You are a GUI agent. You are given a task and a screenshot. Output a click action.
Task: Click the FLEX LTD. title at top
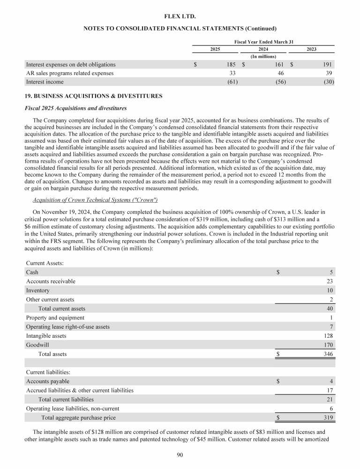(x=180, y=16)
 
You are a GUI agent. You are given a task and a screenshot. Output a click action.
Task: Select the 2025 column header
(x=215, y=49)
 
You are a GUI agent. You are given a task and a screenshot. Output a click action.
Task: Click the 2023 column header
(x=311, y=49)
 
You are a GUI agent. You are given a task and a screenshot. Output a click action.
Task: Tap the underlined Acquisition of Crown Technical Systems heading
(x=95, y=200)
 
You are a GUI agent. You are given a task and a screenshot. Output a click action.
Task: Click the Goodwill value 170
(x=328, y=345)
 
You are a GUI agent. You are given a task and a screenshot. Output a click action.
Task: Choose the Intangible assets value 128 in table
(x=328, y=336)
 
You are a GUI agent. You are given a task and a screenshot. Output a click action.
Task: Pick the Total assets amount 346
(x=328, y=354)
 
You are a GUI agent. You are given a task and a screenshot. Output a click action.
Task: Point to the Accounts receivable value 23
(x=330, y=281)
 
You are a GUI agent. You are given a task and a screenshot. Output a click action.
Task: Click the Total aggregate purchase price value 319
(x=328, y=417)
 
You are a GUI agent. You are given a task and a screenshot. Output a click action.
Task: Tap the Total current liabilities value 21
(x=330, y=399)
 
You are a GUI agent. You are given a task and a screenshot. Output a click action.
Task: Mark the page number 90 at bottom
(x=180, y=454)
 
